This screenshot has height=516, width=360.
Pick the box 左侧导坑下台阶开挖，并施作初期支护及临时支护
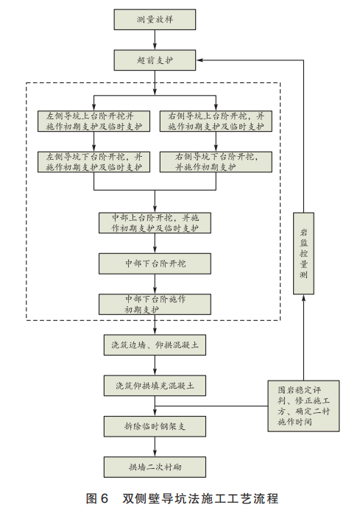point(90,162)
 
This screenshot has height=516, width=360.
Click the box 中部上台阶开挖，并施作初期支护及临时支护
point(155,223)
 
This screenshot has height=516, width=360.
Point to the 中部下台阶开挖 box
point(155,263)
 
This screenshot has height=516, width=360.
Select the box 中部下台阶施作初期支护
point(155,304)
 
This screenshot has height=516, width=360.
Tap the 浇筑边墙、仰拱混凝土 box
point(155,344)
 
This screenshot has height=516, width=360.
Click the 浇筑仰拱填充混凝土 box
point(155,385)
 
